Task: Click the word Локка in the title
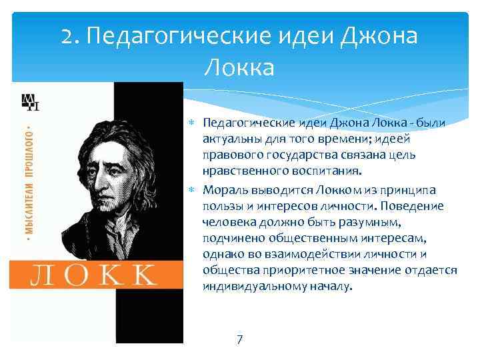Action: pyautogui.click(x=239, y=67)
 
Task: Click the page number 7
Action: pyautogui.click(x=240, y=340)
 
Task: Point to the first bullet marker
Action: pyautogui.click(x=192, y=123)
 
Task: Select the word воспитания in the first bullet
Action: pyautogui.click(x=323, y=171)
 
